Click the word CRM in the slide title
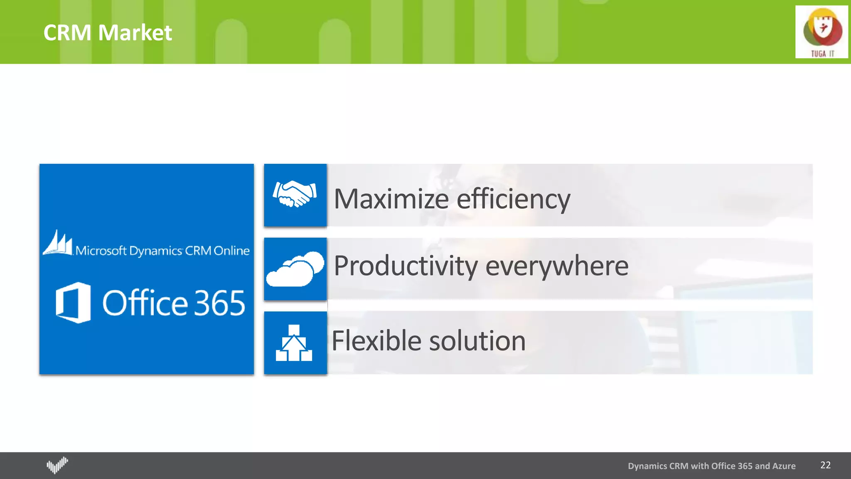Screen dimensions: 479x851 click(x=67, y=33)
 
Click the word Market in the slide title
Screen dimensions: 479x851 click(x=135, y=33)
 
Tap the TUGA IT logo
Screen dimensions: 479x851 click(x=821, y=32)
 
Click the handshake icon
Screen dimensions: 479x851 click(x=295, y=194)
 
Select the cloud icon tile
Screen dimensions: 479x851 click(x=295, y=269)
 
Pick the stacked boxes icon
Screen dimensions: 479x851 click(x=294, y=343)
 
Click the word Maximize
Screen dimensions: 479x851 click(x=391, y=199)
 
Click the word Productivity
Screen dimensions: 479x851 click(x=406, y=266)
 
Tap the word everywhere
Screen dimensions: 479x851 click(x=557, y=266)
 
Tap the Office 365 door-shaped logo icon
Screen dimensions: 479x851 click(x=73, y=302)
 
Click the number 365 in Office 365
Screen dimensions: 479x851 click(x=219, y=303)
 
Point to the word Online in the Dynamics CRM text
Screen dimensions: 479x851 click(x=231, y=251)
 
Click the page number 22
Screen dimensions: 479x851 click(x=825, y=465)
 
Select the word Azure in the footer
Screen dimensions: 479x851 click(x=784, y=466)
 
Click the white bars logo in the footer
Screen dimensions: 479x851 click(x=57, y=465)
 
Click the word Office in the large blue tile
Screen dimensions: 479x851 click(x=145, y=302)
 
